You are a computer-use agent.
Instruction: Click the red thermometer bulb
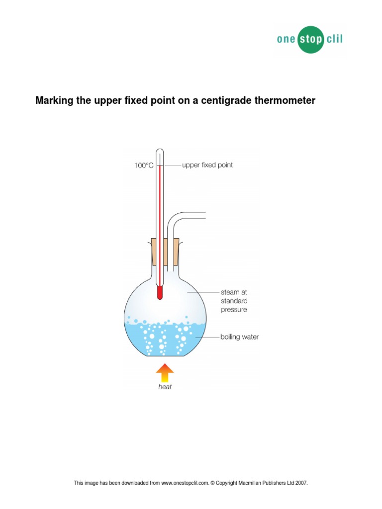[160, 292]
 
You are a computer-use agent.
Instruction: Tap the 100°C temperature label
[144, 166]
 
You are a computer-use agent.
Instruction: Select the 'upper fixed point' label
[207, 165]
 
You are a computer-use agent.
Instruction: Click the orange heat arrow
[165, 373]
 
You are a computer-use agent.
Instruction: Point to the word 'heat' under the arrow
[165, 387]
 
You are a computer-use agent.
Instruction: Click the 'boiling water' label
[239, 337]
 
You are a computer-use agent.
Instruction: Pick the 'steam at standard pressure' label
[234, 301]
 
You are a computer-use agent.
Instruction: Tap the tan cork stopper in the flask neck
[165, 252]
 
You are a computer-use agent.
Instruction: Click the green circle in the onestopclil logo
[311, 40]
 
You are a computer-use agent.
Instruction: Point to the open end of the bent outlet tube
[205, 215]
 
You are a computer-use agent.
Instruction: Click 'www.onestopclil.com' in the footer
[185, 483]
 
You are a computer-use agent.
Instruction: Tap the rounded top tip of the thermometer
[160, 150]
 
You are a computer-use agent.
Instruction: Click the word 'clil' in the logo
[335, 39]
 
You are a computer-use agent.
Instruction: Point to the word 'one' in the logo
[286, 39]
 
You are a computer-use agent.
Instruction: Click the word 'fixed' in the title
[136, 100]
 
